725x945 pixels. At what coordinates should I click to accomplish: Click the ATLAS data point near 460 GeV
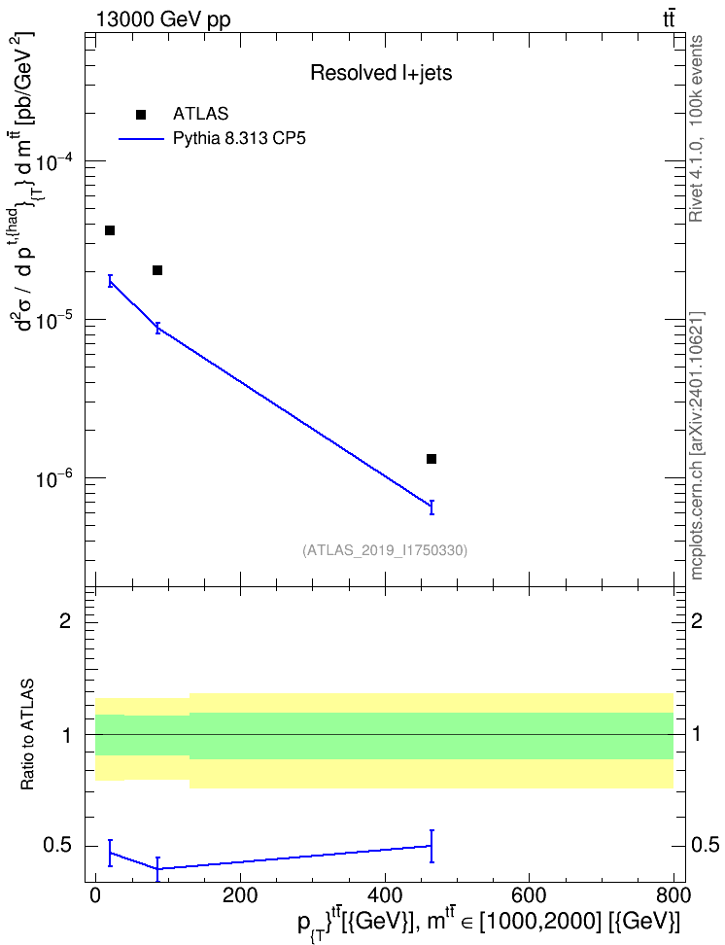(432, 459)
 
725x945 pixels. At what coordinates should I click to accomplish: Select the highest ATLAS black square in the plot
(110, 230)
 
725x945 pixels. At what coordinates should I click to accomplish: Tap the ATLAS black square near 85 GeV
(157, 270)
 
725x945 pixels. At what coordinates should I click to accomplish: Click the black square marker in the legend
(141, 115)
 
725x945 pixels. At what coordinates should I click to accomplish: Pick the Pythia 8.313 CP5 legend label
(239, 139)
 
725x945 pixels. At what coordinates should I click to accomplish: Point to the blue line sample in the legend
(141, 139)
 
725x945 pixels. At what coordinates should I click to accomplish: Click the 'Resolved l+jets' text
(381, 73)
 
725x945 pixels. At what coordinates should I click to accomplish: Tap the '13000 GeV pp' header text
(162, 19)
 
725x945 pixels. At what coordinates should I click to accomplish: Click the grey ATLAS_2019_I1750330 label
(385, 550)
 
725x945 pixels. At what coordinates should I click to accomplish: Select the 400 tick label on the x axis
(385, 895)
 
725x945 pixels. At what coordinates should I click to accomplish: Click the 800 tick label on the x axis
(673, 895)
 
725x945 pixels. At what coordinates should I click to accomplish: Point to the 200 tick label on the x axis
(240, 895)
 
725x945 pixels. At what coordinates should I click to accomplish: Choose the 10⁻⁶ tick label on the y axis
(54, 479)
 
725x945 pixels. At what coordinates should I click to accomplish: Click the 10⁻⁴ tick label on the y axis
(54, 162)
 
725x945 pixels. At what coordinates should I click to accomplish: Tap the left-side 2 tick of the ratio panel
(65, 620)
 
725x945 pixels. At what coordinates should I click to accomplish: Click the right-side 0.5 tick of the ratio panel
(706, 846)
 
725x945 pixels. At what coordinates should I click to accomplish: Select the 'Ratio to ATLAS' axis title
(27, 735)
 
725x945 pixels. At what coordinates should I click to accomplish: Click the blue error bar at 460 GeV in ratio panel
(432, 846)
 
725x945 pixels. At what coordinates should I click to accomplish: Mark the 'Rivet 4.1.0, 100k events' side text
(696, 128)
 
